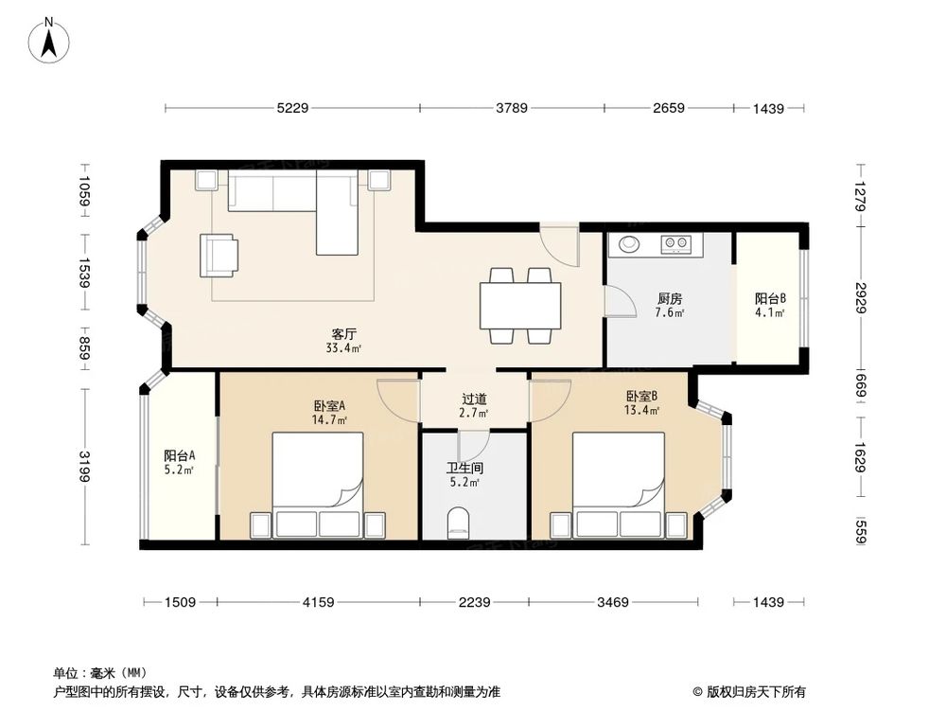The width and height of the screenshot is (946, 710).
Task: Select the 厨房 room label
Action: [x=671, y=299]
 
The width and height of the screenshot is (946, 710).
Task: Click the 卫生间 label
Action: [x=464, y=468]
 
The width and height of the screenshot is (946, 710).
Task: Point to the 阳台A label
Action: [x=179, y=455]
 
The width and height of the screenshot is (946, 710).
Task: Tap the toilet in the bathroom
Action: [x=459, y=524]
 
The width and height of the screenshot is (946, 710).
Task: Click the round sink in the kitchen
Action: [x=629, y=245]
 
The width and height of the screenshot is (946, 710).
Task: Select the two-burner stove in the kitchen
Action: [x=676, y=244]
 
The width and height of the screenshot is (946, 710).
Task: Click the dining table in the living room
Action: [x=520, y=305]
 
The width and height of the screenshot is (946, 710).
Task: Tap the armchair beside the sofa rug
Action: [x=219, y=256]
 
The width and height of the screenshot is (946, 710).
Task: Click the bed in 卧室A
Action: [x=318, y=485]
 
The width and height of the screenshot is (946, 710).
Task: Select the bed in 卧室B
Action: [x=619, y=485]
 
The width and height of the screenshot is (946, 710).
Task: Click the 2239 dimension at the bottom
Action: [x=474, y=601]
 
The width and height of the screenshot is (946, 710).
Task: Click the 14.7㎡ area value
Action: [x=329, y=419]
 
